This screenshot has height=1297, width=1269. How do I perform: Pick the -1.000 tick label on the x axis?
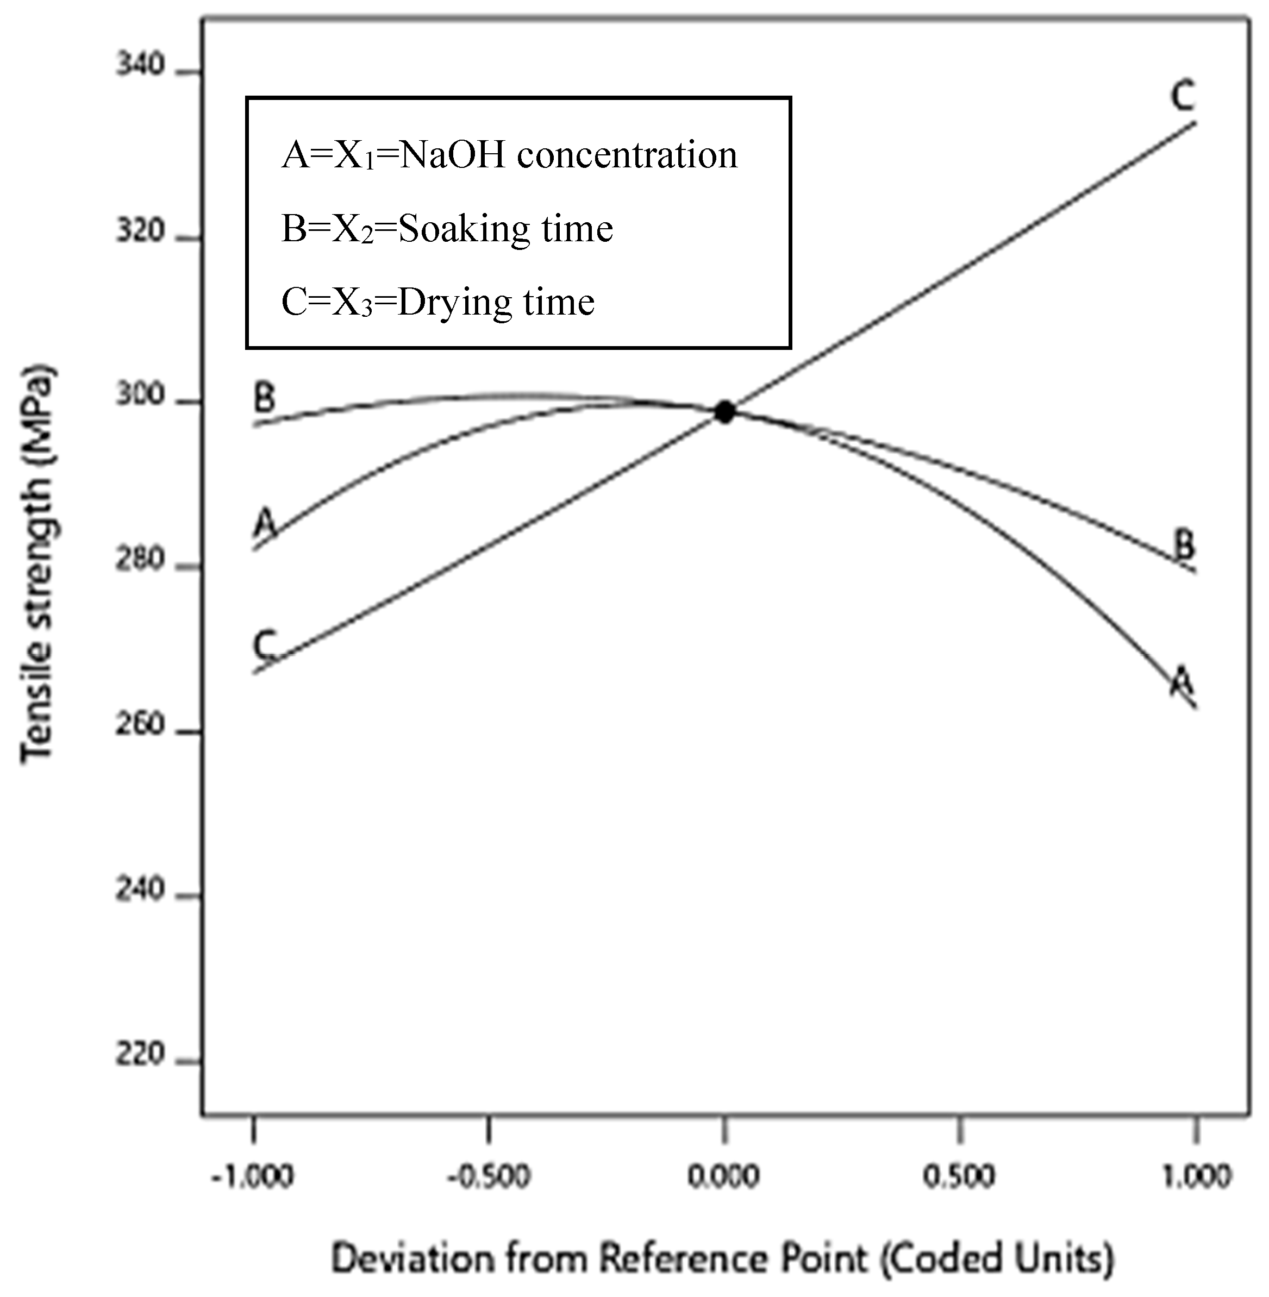coord(253,1177)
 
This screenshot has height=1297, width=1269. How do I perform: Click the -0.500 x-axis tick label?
coord(489,1177)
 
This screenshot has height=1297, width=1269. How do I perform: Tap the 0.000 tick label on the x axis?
coord(724,1177)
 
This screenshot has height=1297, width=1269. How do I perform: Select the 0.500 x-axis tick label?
coord(959,1177)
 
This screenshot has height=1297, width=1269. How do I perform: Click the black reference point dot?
coord(724,412)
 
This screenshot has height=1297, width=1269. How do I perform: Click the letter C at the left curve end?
coord(265,644)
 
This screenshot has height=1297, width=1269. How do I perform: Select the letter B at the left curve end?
coord(265,398)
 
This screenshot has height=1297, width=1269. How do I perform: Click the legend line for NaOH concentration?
coord(510,155)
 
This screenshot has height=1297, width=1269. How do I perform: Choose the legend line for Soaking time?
coord(447,229)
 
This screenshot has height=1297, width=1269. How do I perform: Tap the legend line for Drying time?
coord(438,302)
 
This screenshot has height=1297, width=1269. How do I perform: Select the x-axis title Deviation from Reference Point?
coord(723,1258)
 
